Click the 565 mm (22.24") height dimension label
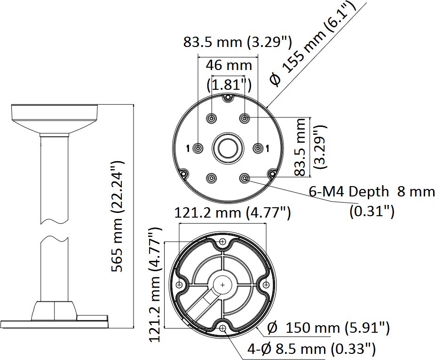click(x=117, y=216)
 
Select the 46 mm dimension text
click(x=229, y=65)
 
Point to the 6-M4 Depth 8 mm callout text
click(x=372, y=192)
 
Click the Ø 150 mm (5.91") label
click(x=328, y=328)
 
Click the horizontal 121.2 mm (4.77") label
click(x=232, y=213)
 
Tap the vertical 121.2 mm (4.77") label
click(x=155, y=285)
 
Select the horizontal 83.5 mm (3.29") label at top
click(x=237, y=42)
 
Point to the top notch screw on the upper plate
click(x=228, y=97)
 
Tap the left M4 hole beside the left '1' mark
click(x=198, y=148)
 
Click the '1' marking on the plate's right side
click(x=267, y=149)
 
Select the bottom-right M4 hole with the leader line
click(x=245, y=178)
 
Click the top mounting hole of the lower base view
click(x=222, y=242)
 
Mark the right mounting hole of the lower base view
click(x=266, y=284)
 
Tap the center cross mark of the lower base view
click(x=223, y=284)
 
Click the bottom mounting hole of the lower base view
click(x=222, y=329)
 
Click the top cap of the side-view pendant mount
click(x=55, y=112)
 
